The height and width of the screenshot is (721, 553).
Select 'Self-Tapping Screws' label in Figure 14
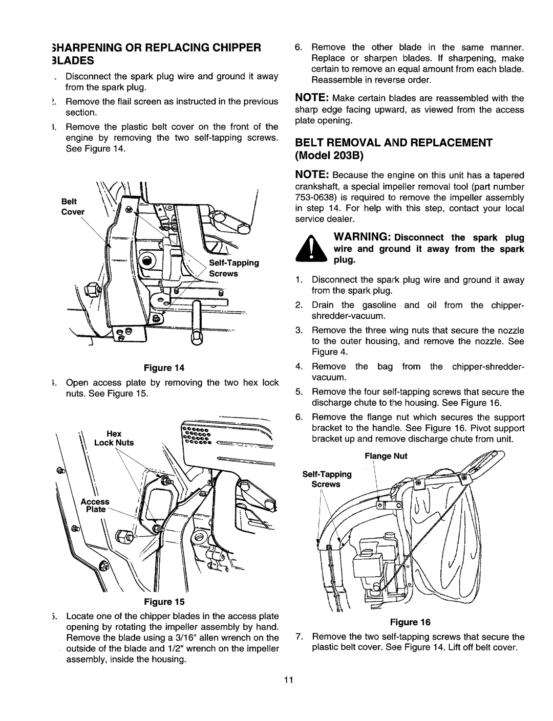tap(238, 268)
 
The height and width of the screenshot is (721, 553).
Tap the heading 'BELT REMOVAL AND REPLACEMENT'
tap(393, 142)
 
